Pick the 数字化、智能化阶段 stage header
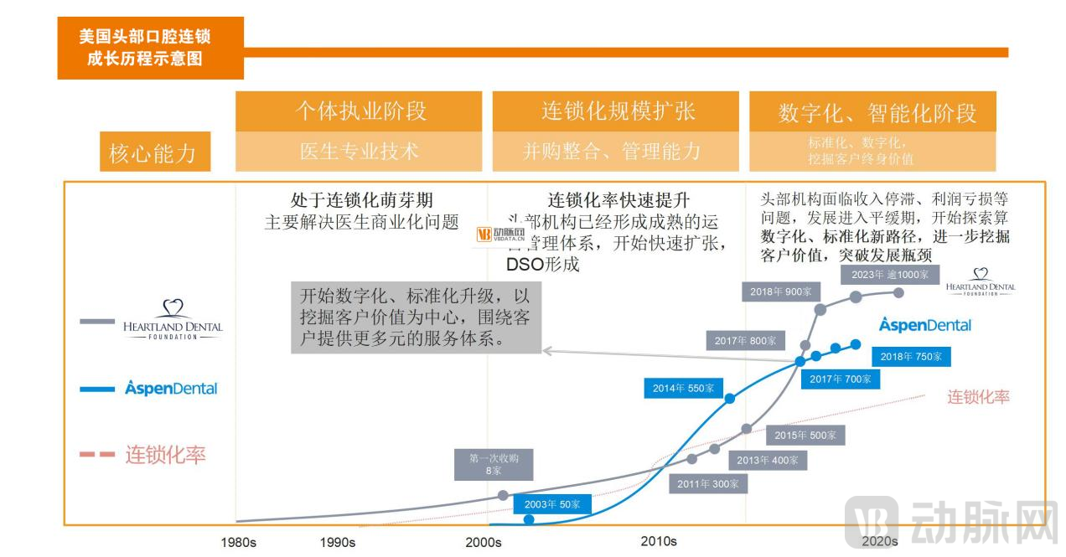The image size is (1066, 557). pos(872,112)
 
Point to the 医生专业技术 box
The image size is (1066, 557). pos(359,152)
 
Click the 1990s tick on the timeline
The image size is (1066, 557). pos(337,543)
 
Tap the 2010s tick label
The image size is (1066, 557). pos(659,541)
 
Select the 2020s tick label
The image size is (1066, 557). pos(880,542)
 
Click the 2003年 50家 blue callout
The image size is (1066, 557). pos(552,504)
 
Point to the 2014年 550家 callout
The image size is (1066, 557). pos(684,388)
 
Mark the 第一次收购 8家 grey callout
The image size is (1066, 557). pos(493,464)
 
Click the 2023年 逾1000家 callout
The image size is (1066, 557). pos(889,274)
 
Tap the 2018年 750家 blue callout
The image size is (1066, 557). pos(911,356)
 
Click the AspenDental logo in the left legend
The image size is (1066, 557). pos(171,388)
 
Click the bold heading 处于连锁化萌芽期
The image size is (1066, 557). pos(361,200)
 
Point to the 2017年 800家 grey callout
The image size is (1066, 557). pos(745,341)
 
